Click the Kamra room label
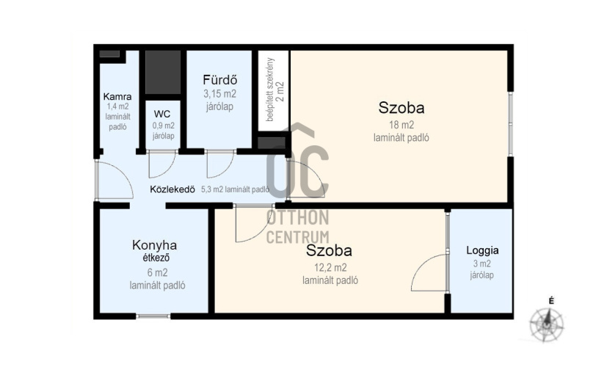[117, 96]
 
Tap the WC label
[162, 114]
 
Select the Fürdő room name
[219, 80]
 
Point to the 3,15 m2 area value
[219, 94]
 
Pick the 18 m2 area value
[401, 125]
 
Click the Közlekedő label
[172, 189]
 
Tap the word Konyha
[154, 245]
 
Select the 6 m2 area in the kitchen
[157, 272]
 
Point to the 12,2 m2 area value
[330, 268]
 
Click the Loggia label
[482, 250]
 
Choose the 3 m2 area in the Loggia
[482, 264]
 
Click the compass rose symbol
[547, 325]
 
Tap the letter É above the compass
[551, 301]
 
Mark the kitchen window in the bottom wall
[153, 316]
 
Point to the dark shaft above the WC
[163, 72]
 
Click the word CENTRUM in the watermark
[297, 236]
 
